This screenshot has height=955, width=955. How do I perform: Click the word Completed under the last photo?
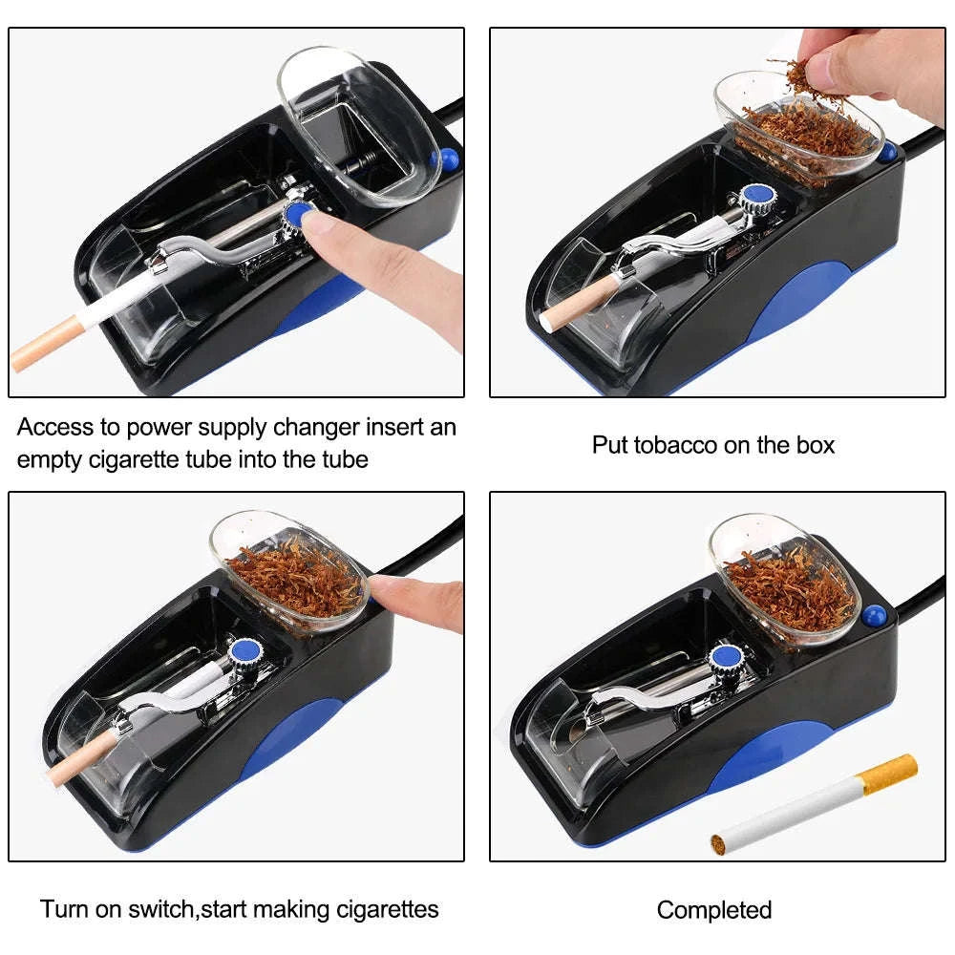pos(713,910)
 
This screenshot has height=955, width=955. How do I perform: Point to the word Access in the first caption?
pos(55,427)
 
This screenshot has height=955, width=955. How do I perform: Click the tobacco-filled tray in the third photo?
pos(290,573)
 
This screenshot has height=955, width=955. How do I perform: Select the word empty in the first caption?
pos(49,458)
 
